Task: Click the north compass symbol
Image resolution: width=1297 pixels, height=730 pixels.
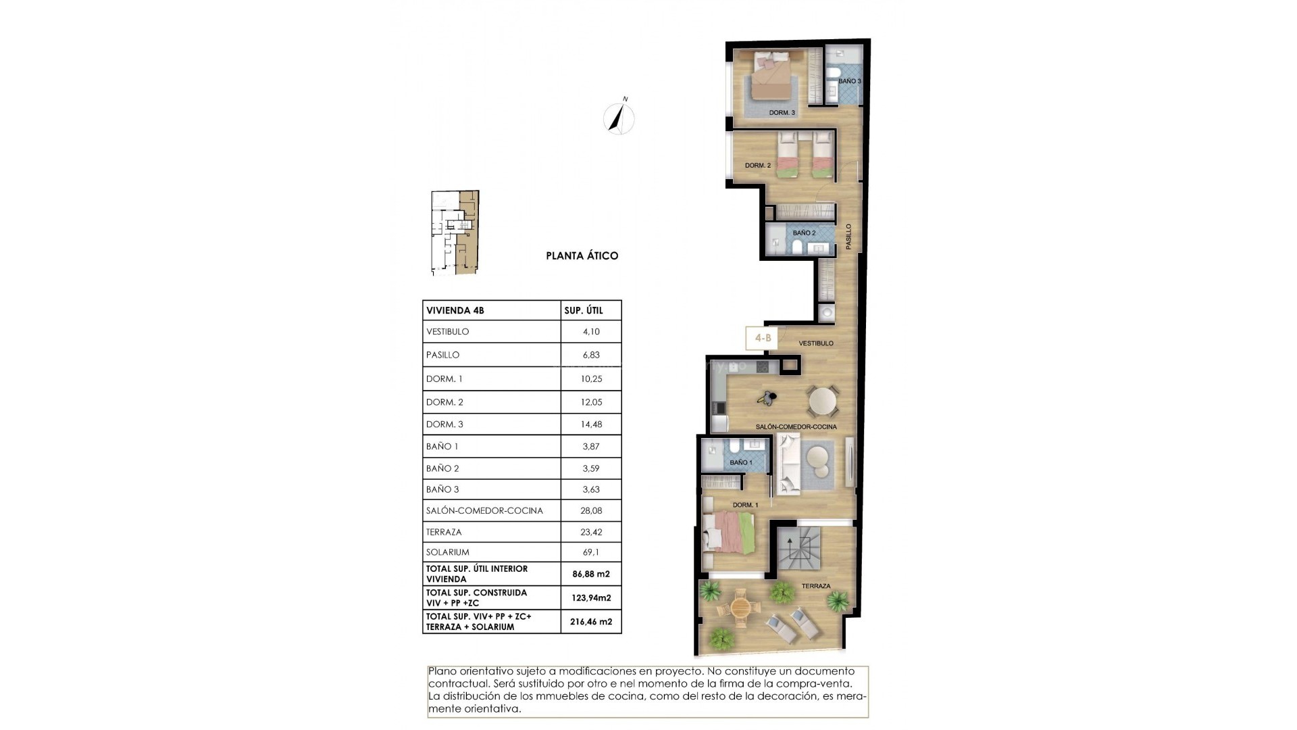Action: tap(619, 119)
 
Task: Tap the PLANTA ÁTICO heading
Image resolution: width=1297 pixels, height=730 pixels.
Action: tap(582, 256)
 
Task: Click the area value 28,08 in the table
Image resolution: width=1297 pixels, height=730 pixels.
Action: tap(591, 510)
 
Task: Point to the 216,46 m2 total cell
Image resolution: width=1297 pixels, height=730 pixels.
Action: tap(591, 621)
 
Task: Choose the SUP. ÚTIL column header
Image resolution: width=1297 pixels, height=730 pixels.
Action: tap(583, 311)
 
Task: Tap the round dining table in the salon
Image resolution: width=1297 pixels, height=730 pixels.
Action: tap(823, 401)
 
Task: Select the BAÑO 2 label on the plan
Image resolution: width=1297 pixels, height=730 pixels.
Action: tap(804, 233)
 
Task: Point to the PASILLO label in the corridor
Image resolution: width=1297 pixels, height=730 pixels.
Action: tap(849, 237)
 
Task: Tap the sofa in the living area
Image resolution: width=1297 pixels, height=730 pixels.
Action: tap(788, 463)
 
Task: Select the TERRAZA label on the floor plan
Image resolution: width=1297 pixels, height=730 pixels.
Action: tap(816, 586)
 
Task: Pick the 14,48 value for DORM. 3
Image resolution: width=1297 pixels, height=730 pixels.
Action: tap(591, 424)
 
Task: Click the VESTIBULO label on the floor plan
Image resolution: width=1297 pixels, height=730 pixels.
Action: tap(816, 343)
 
